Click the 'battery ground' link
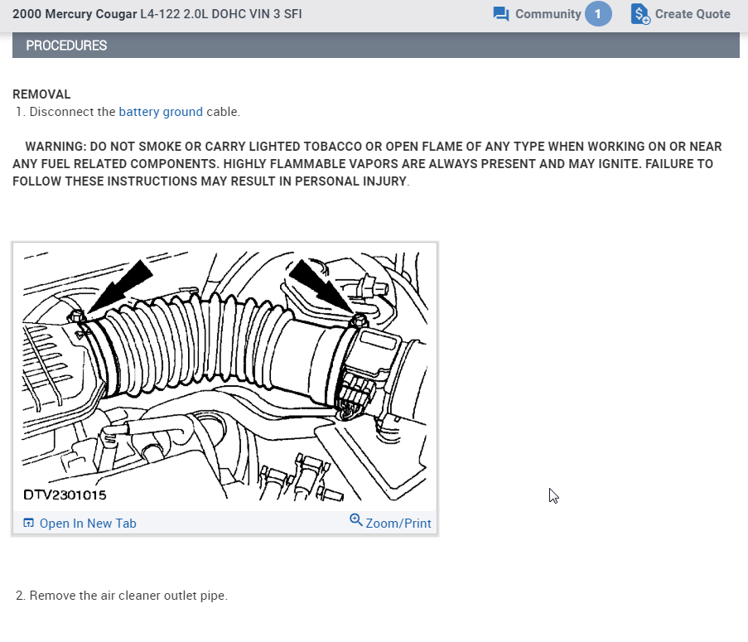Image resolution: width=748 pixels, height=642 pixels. [161, 112]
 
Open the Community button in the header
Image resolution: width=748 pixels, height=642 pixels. [548, 14]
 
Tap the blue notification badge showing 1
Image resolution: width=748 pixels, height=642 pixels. [598, 14]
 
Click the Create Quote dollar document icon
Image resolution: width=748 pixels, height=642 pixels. [640, 14]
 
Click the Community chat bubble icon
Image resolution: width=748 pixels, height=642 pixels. [501, 14]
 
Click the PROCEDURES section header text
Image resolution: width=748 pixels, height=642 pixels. [66, 46]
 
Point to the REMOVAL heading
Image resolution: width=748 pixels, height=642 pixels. [41, 94]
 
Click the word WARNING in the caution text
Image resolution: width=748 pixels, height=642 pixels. [56, 146]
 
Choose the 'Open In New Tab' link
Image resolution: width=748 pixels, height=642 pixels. [87, 523]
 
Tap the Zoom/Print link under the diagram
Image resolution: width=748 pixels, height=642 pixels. [398, 523]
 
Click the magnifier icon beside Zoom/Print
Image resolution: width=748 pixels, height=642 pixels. [356, 520]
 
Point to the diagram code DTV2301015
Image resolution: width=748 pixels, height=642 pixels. [65, 495]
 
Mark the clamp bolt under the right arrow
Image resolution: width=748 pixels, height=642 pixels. [360, 319]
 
